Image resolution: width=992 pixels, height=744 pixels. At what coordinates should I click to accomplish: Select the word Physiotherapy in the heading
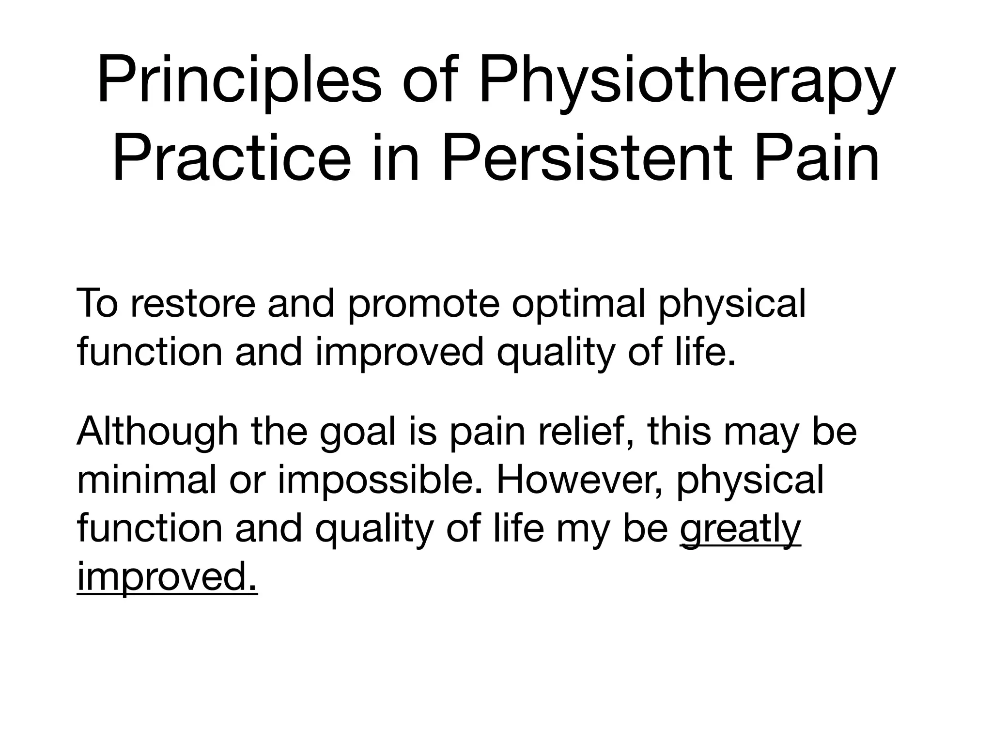[x=687, y=80]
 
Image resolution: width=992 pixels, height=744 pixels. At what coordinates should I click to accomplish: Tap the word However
[x=579, y=480]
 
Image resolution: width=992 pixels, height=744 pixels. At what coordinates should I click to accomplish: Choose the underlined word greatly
[x=741, y=529]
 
